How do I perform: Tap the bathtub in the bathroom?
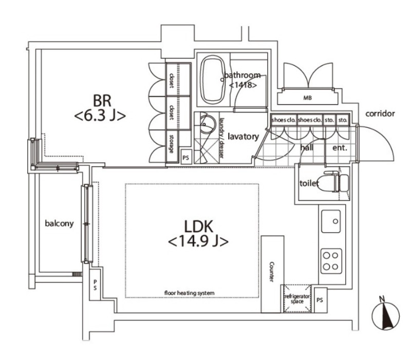point(213,80)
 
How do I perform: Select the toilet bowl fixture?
point(337,181)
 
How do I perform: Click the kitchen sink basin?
point(331,221)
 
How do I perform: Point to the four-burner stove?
point(331,261)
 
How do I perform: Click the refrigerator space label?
point(297,299)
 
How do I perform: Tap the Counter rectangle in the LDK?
point(272,274)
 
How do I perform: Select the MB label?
point(307,98)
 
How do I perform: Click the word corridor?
point(380,113)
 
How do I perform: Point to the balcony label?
point(59,223)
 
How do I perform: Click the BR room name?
point(102,101)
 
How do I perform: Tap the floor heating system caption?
point(189,293)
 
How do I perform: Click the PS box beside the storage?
point(185,158)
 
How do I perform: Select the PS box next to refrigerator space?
point(320,300)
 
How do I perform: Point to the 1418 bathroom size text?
point(242,85)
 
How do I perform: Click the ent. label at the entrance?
point(340,148)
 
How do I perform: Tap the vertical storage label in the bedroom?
point(172,144)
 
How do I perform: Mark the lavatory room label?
point(243,137)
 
